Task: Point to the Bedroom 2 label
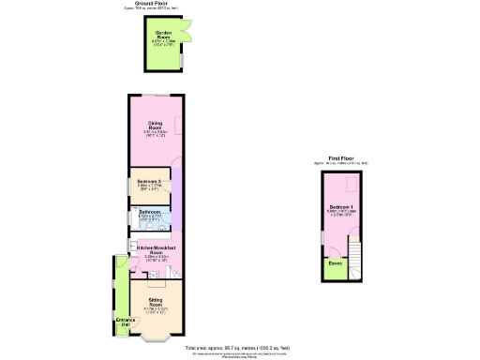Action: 149,181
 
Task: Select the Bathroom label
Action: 151,213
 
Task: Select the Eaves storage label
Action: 334,263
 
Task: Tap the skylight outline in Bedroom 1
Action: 352,184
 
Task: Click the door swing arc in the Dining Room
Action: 175,163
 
